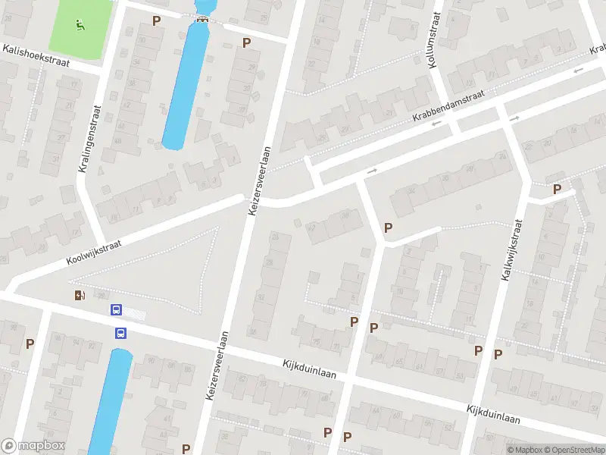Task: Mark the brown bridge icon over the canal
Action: click(201, 20)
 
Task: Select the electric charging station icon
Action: click(80, 295)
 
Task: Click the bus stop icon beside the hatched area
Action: click(117, 309)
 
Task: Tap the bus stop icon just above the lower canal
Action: click(120, 332)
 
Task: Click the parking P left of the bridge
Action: click(157, 20)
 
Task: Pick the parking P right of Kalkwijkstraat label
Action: click(558, 189)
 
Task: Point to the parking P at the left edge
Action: click(30, 344)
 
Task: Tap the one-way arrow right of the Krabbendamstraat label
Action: click(515, 118)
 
